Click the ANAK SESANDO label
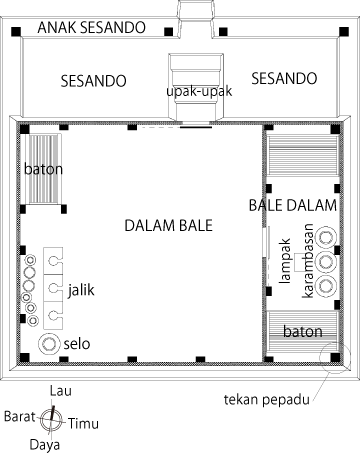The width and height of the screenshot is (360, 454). point(91,27)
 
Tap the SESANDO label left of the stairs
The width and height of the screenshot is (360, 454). point(93,81)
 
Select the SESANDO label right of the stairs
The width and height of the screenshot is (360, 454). point(284,79)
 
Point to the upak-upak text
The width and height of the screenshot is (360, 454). point(199,91)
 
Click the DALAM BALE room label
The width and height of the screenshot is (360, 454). point(168,226)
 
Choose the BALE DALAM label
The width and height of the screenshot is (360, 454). point(293,205)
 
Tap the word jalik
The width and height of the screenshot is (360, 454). point(81,290)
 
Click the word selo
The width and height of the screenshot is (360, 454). point(77,344)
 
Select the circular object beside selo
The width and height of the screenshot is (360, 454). point(49,344)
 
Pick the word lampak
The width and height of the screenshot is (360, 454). point(285,261)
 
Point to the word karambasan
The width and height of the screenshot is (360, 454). point(308,261)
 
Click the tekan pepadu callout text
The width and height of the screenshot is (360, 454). point(267,399)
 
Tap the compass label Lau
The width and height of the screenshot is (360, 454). point(61,391)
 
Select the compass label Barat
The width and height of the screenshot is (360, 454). point(19,417)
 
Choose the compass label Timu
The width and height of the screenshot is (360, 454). point(83,424)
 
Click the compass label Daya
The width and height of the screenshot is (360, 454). point(45,444)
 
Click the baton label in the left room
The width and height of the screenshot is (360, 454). point(43,169)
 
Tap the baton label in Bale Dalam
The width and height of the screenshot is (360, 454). point(303,332)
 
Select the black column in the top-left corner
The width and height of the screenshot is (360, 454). point(16,32)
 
